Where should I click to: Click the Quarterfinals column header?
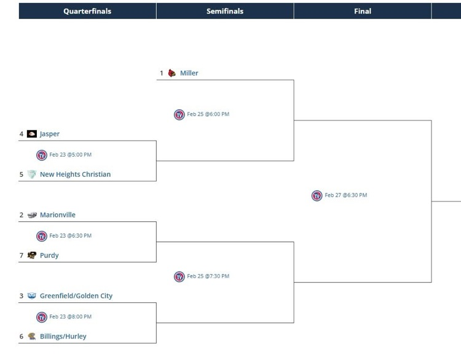[87, 11]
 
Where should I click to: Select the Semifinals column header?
[225, 11]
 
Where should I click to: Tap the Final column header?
[363, 11]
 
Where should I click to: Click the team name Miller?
[189, 73]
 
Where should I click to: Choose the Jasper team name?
[50, 134]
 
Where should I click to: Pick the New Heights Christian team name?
[75, 174]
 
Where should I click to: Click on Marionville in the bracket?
[58, 215]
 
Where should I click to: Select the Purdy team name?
[49, 256]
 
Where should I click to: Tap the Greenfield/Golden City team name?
[76, 296]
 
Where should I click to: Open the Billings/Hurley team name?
[63, 337]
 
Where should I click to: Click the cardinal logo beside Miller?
[172, 73]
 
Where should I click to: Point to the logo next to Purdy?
[32, 256]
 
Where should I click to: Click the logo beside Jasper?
[32, 134]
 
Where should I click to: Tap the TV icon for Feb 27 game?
[317, 195]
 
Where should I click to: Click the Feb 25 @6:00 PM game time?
[208, 114]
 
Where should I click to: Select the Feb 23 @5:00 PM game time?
[71, 155]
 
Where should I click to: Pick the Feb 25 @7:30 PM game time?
[208, 276]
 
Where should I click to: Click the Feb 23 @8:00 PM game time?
[71, 317]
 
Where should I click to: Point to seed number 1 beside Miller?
[162, 73]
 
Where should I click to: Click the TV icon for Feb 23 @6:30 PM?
[42, 236]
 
